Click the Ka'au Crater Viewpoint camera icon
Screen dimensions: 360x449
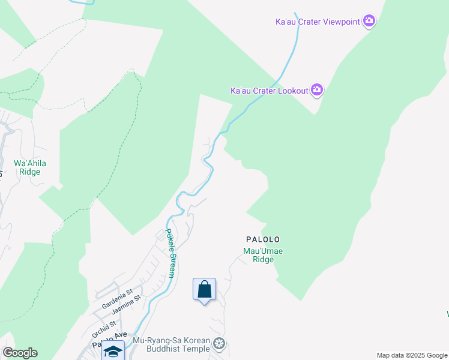click(369, 22)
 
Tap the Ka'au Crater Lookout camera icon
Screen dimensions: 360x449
click(317, 91)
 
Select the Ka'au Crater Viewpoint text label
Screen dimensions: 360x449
click(318, 22)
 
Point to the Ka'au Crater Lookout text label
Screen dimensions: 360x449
click(270, 91)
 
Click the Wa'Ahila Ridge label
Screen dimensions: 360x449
click(30, 167)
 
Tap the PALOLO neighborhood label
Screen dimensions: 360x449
click(263, 239)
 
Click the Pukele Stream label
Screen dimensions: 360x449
click(170, 253)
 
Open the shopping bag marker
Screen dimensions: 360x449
click(205, 289)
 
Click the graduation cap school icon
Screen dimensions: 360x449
click(113, 352)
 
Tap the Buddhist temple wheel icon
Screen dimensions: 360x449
click(219, 344)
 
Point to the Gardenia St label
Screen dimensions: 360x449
click(117, 301)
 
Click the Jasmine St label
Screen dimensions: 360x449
click(126, 305)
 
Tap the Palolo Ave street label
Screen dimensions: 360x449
click(109, 340)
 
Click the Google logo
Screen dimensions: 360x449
click(20, 353)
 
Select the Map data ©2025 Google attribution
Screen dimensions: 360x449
click(412, 355)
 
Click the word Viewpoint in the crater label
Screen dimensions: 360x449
click(340, 22)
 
